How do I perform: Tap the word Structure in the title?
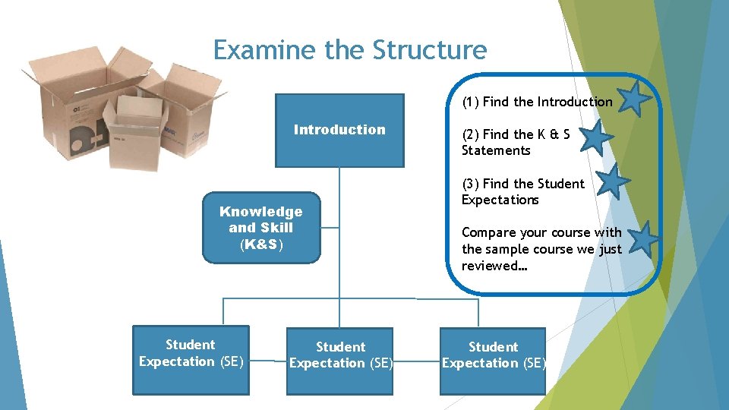click(x=430, y=50)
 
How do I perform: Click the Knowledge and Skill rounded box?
click(x=261, y=228)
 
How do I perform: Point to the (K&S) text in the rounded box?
click(x=261, y=245)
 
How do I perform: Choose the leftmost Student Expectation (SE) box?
click(x=191, y=361)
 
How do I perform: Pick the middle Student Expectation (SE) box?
click(x=340, y=361)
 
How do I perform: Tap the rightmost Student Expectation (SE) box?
click(x=493, y=361)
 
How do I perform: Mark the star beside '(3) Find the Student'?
click(x=612, y=182)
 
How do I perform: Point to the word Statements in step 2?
click(x=496, y=150)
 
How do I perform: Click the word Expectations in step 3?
click(x=500, y=200)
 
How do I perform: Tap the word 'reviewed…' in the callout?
click(x=494, y=265)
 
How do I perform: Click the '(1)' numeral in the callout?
click(x=471, y=102)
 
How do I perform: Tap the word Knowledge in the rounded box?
click(x=260, y=212)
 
